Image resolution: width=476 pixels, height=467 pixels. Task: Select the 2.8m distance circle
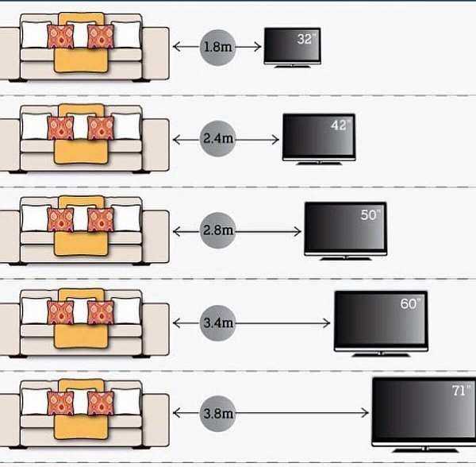(217, 231)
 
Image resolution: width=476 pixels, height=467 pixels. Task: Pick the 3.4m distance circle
(217, 323)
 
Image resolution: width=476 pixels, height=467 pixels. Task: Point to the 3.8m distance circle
(217, 413)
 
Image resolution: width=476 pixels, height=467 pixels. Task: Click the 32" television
(293, 46)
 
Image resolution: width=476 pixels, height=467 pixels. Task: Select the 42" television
(318, 138)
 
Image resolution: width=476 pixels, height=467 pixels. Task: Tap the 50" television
(345, 229)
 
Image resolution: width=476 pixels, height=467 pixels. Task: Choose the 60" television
(381, 320)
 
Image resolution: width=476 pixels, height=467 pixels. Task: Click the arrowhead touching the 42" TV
(276, 140)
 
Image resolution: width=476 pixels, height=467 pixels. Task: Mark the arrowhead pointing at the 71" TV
(365, 413)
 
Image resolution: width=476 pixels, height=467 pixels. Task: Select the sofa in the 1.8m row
(83, 49)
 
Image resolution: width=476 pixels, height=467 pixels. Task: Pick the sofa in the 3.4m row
(83, 324)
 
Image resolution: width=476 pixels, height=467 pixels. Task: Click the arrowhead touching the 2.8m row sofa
(177, 231)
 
